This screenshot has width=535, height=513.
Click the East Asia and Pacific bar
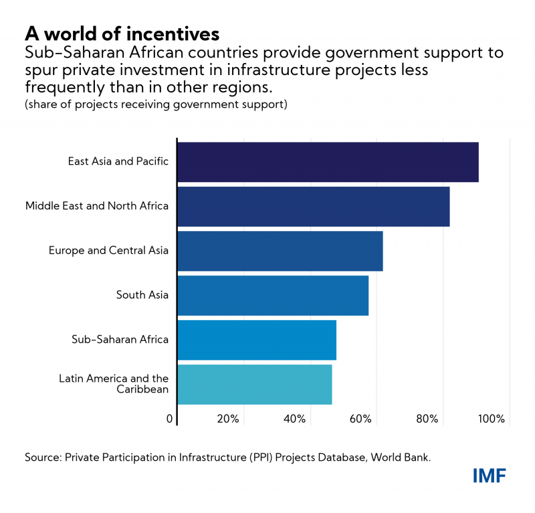click(328, 162)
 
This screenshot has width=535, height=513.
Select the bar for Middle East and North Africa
click(313, 206)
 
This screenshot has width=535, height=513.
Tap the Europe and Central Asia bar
click(280, 250)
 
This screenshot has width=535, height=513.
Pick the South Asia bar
click(273, 295)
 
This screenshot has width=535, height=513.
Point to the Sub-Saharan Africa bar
click(257, 340)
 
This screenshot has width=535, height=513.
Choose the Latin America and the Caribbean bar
click(254, 384)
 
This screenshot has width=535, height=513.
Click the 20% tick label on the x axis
click(228, 419)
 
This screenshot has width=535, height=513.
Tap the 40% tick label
click(294, 419)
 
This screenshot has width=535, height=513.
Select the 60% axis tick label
click(360, 419)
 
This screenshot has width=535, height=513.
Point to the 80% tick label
click(427, 419)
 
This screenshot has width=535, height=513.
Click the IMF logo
click(490, 476)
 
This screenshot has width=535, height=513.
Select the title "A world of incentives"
click(122, 33)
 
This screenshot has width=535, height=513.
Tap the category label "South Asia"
click(142, 295)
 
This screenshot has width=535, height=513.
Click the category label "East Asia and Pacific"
click(118, 161)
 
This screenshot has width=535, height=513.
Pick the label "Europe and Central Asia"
click(108, 250)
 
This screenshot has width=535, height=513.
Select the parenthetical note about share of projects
click(156, 105)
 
